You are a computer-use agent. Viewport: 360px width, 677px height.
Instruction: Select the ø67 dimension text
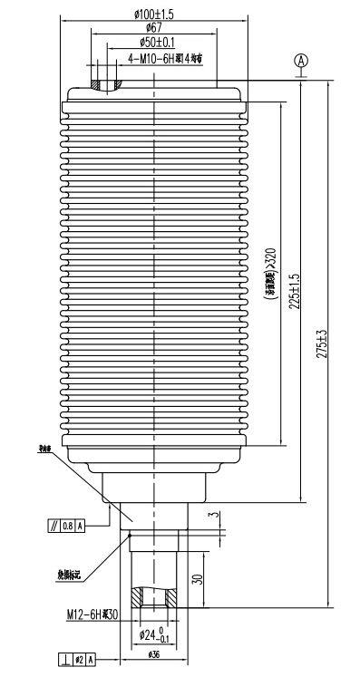153,29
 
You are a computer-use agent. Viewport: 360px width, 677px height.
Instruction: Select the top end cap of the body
153,93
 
